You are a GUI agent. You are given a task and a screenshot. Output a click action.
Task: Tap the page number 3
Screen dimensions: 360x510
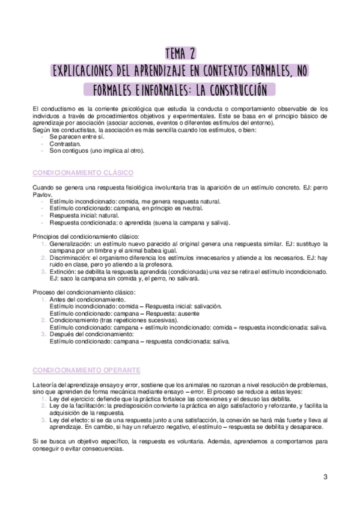coord(325,478)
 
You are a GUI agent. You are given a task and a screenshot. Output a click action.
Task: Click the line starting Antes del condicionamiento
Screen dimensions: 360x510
coord(87,299)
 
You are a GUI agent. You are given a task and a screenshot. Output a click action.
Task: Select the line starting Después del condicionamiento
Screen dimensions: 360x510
coord(91,334)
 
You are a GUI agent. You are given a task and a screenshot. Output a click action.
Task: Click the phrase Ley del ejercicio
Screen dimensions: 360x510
coord(72,398)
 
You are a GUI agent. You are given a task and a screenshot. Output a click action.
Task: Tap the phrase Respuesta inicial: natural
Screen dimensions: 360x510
coord(87,215)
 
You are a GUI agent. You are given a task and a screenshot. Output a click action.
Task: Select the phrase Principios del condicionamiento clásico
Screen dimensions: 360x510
coord(85,237)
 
